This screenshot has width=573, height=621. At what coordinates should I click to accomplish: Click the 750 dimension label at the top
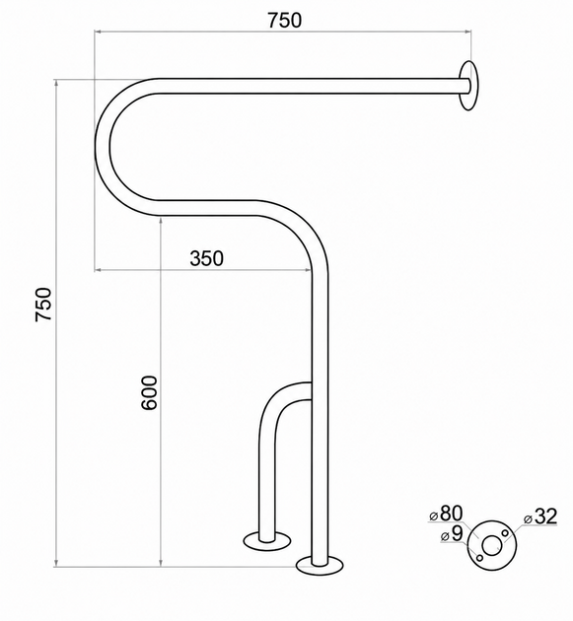pyautogui.click(x=284, y=20)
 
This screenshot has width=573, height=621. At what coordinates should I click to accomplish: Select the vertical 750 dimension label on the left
pyautogui.click(x=43, y=305)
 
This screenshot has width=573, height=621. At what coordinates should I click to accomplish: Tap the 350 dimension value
pyautogui.click(x=206, y=258)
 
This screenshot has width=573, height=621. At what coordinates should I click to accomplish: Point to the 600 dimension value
pyautogui.click(x=149, y=393)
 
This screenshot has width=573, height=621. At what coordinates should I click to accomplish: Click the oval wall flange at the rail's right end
pyautogui.click(x=468, y=85)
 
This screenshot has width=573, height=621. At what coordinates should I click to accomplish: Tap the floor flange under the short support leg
pyautogui.click(x=267, y=541)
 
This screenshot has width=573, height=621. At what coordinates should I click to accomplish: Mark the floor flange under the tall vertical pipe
pyautogui.click(x=320, y=565)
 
